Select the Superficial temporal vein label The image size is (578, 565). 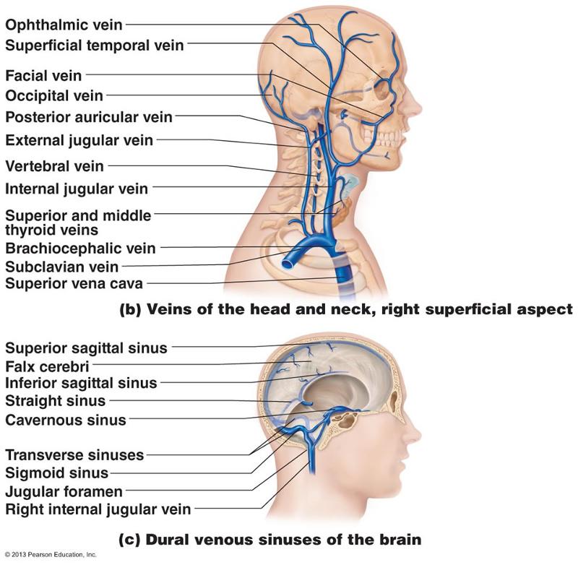(95, 46)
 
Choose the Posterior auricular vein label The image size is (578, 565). (89, 117)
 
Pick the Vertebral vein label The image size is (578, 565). (54, 167)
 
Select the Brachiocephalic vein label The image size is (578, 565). (80, 249)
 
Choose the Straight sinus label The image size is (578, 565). (55, 400)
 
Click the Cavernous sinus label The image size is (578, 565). (66, 420)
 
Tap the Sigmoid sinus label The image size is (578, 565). (56, 473)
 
